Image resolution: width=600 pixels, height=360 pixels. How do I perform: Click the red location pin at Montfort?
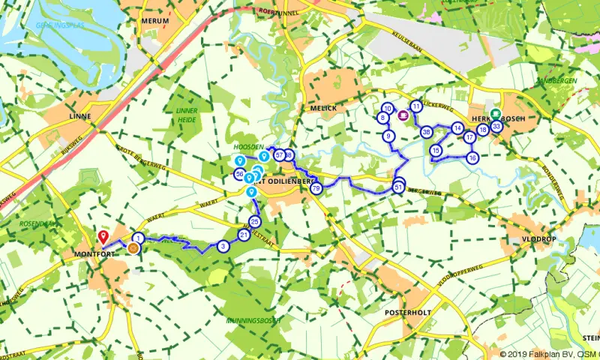[103, 237]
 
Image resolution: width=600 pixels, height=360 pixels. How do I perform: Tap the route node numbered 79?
[316, 188]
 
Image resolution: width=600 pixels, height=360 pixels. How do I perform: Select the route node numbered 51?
[399, 187]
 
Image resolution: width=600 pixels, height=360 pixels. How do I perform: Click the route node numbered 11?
[416, 106]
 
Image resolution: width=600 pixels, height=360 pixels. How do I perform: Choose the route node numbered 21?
[243, 235]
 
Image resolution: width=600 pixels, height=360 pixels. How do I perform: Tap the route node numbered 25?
[255, 222]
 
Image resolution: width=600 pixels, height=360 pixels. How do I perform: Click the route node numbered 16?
[472, 158]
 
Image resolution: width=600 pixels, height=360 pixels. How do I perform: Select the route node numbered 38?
[426, 132]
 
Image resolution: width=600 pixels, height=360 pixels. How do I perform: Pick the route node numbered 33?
[496, 127]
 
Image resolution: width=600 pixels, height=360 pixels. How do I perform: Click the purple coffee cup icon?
[403, 115]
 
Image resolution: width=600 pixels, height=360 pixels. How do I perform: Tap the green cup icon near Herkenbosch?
[495, 113]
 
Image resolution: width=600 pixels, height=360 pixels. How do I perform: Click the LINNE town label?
[79, 117]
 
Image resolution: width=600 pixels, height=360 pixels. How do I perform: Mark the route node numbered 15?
[436, 151]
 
